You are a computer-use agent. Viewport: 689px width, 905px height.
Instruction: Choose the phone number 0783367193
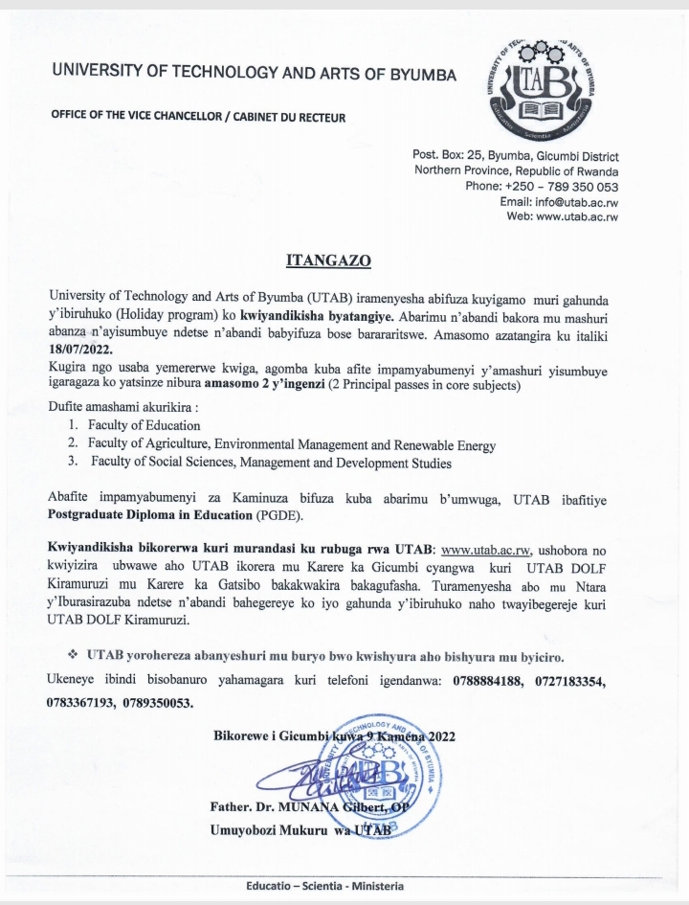tap(84, 704)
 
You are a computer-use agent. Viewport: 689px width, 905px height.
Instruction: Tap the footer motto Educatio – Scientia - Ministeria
tap(324, 886)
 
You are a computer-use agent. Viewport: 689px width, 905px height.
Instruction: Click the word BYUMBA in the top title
tap(413, 73)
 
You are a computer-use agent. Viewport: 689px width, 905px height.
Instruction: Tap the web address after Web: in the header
tap(571, 216)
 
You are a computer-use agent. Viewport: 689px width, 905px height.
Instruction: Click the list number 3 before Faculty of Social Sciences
tap(72, 464)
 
